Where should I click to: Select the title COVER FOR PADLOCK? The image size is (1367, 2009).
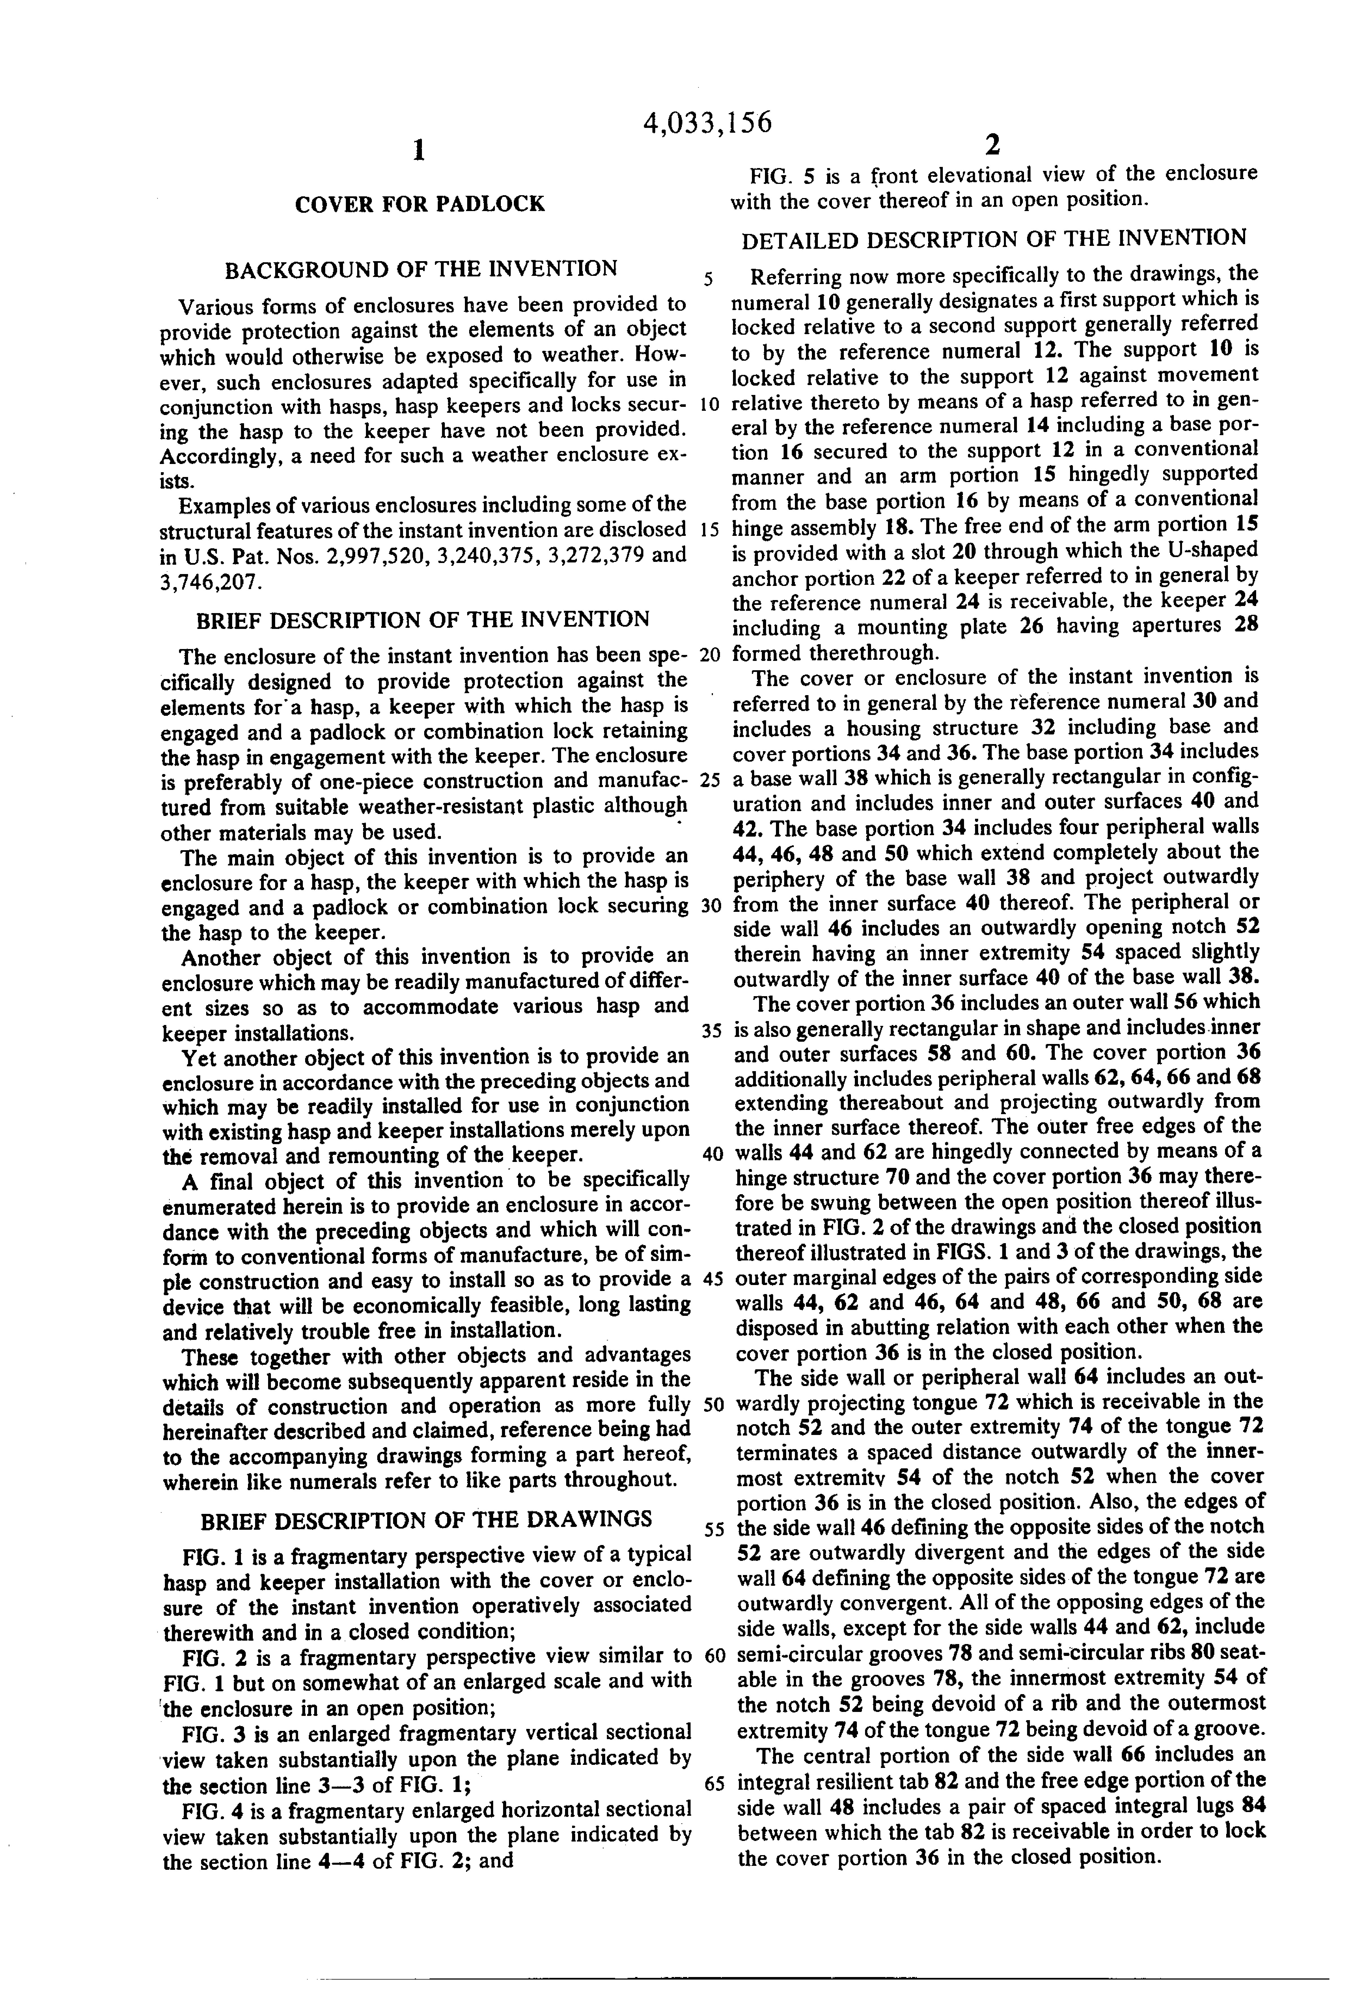(x=420, y=204)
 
